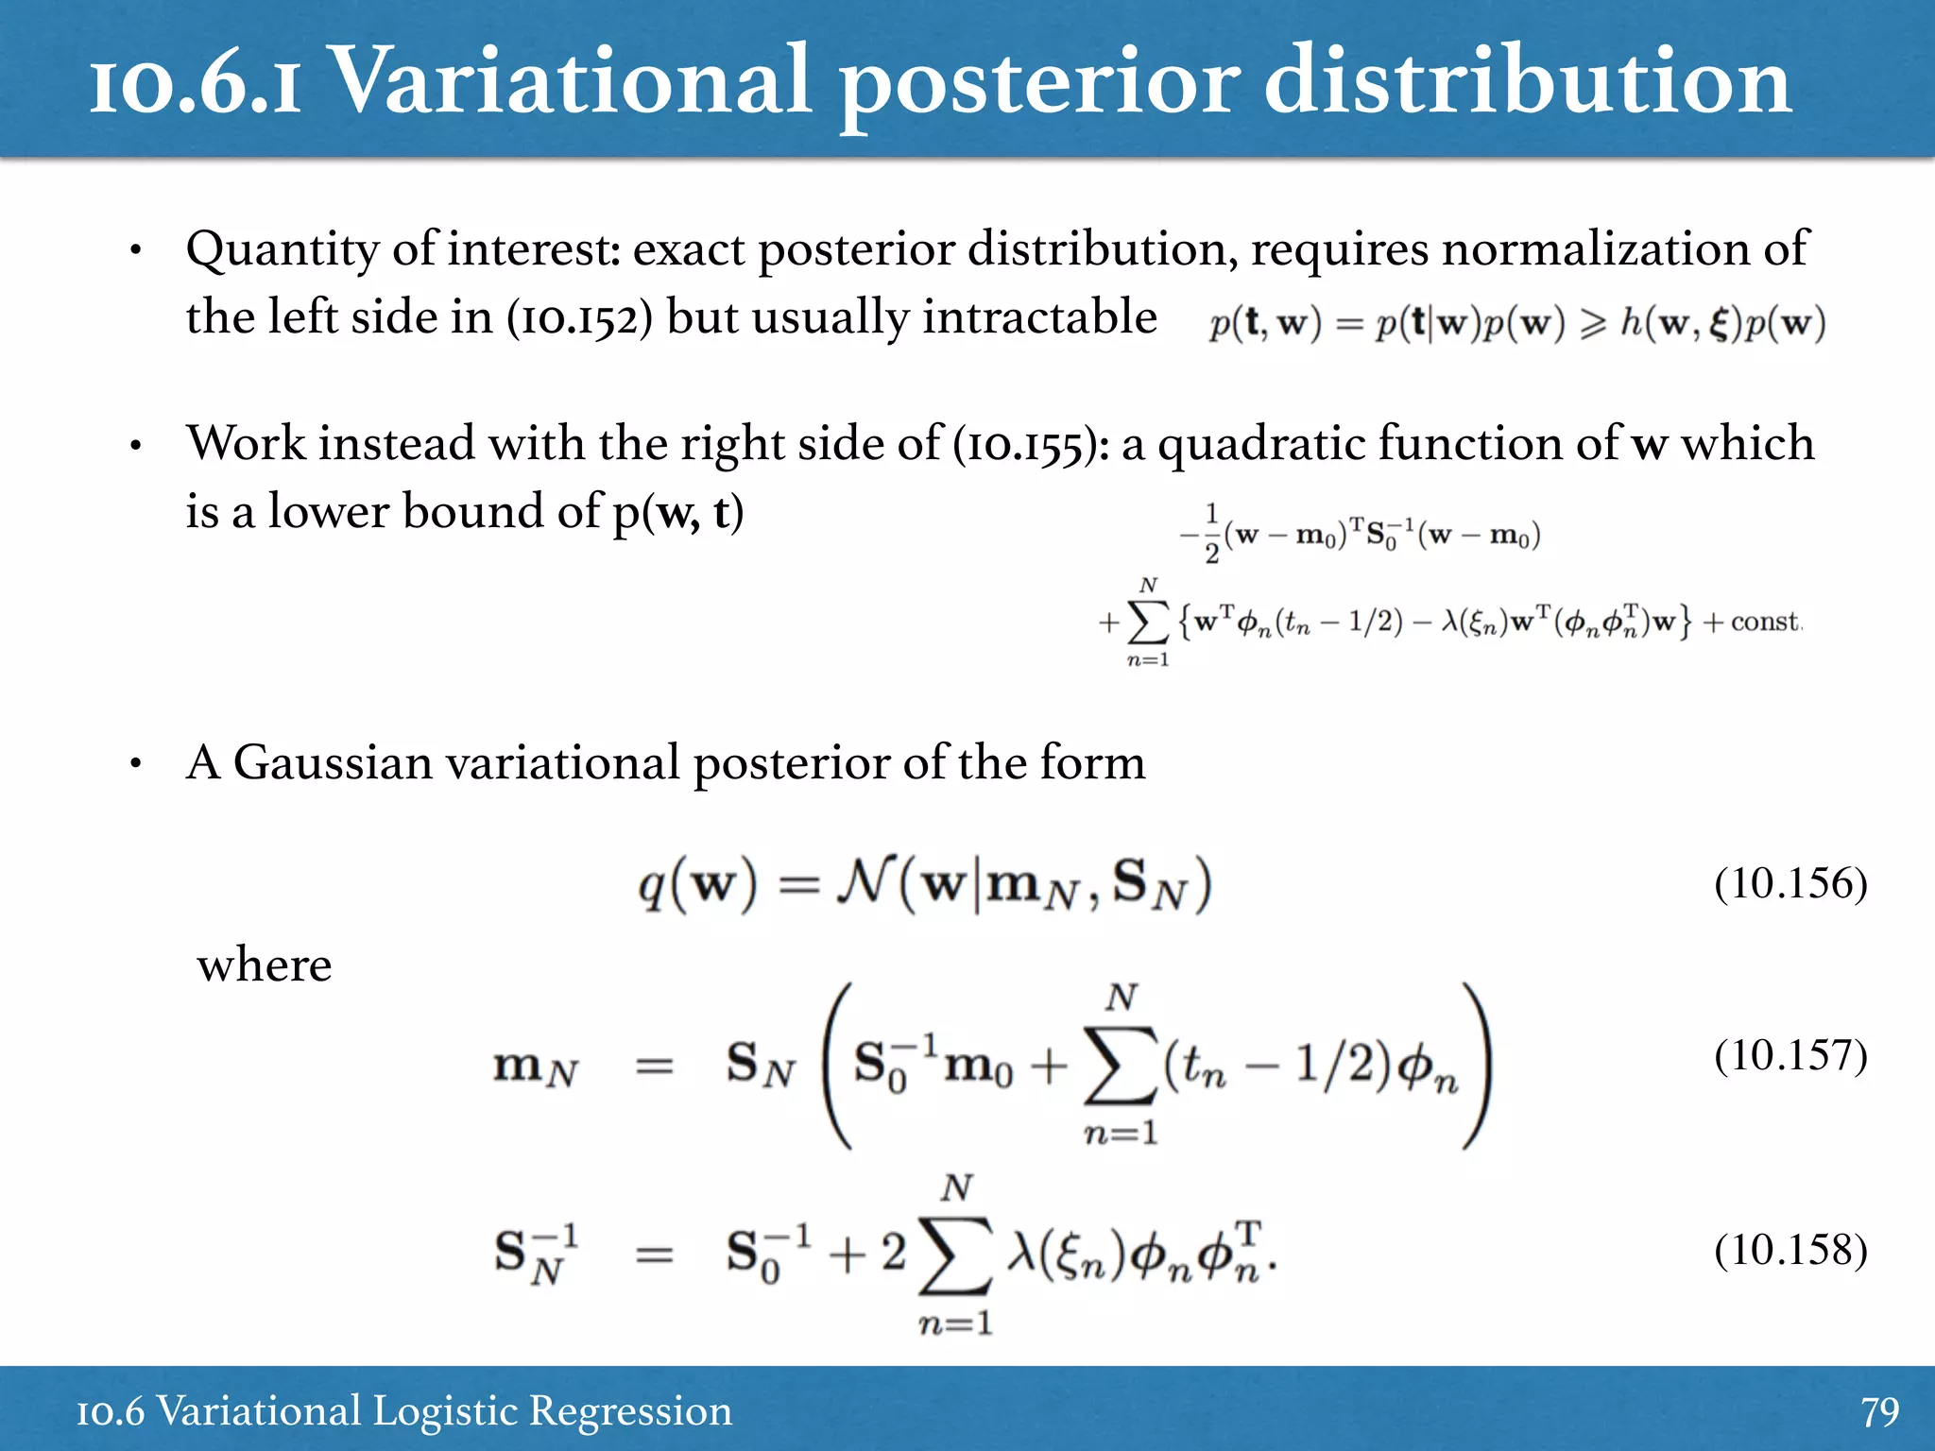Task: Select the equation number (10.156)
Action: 1790,883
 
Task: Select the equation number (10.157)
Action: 1790,1055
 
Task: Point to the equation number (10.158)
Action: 1790,1250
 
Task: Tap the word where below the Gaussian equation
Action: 265,965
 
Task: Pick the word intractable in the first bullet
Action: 1039,316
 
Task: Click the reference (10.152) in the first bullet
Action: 579,317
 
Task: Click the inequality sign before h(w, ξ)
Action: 1593,325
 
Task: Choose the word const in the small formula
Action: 1764,622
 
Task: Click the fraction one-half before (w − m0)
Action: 1211,535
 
